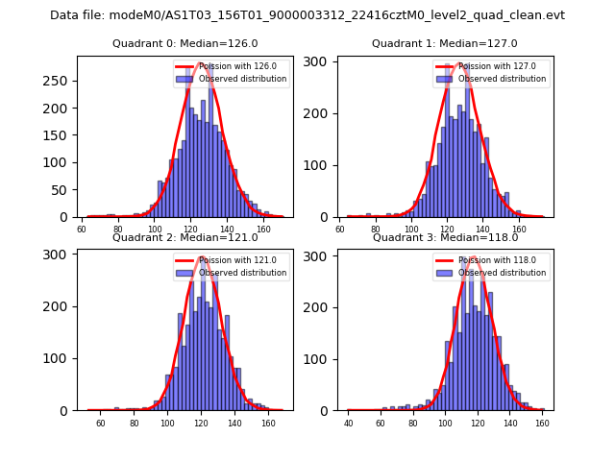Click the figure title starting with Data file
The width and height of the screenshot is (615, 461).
[x=307, y=15]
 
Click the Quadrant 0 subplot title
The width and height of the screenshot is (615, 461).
[x=185, y=43]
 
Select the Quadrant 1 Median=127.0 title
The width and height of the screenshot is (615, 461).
[x=445, y=43]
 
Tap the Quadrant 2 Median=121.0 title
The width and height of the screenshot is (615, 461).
[x=185, y=237]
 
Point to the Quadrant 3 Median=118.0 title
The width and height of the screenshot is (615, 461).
[x=445, y=237]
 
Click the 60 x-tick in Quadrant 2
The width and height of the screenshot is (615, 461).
[x=100, y=424]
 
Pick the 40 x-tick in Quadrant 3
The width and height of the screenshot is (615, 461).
[x=349, y=424]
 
